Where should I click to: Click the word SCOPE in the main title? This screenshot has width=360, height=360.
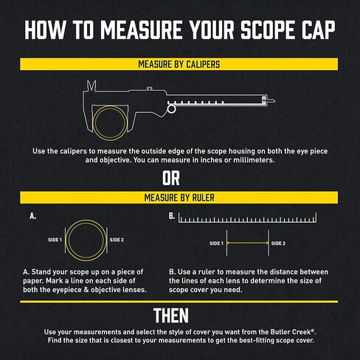click(269, 30)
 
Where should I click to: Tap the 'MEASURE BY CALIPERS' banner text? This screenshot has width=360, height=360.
click(179, 64)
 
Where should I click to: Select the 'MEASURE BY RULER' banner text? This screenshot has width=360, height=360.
click(179, 198)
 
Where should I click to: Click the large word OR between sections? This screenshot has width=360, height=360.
click(171, 179)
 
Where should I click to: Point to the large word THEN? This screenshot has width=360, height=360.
click(171, 316)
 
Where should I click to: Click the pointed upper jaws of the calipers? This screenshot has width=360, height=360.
click(91, 86)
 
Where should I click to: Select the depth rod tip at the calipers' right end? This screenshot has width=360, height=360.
click(271, 100)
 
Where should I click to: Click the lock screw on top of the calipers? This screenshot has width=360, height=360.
click(149, 88)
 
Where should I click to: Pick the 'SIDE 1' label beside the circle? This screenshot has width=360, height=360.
click(55, 240)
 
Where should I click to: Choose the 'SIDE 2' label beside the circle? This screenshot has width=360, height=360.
click(117, 240)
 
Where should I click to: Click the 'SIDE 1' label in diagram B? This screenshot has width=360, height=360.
click(216, 243)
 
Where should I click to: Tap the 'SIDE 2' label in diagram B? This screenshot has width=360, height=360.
click(278, 243)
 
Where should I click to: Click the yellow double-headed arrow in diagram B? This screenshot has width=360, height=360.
click(248, 243)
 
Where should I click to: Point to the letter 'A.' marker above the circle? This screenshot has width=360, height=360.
click(33, 216)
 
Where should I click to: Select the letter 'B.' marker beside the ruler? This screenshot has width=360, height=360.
click(172, 216)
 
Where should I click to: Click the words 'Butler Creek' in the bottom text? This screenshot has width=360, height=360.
click(291, 332)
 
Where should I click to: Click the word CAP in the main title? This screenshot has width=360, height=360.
click(319, 30)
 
